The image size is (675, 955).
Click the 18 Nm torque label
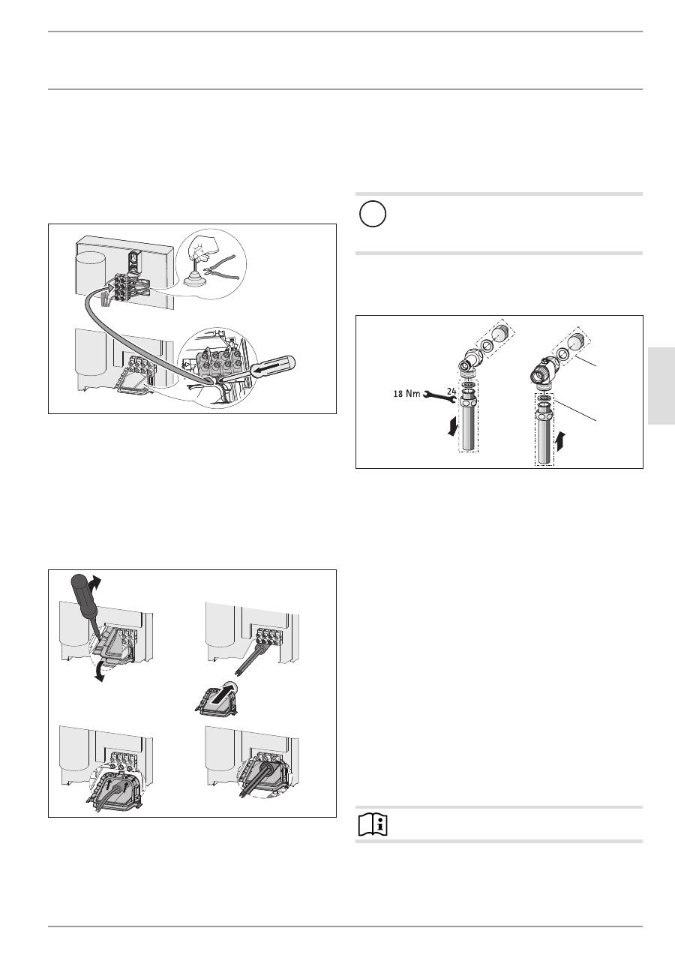coord(406,394)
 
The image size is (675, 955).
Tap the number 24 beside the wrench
coord(451,391)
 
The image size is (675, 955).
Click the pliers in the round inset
coord(220,268)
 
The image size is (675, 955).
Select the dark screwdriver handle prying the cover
coord(84,596)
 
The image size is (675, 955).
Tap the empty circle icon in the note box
coord(373,214)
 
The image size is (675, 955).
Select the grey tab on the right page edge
coord(661,386)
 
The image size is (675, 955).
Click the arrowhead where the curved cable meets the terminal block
coord(110,290)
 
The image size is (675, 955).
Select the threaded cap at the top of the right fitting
coord(576,342)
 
